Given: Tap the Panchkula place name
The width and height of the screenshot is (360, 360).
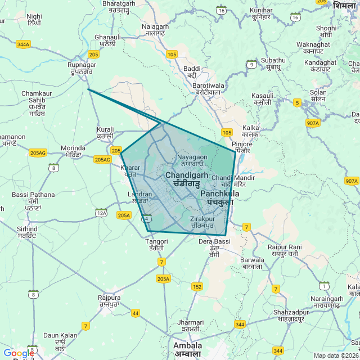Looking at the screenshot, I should (x=219, y=197).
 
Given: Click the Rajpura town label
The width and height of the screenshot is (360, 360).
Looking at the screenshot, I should (x=109, y=300).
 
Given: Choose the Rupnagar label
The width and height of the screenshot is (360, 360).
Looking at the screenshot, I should (x=82, y=68).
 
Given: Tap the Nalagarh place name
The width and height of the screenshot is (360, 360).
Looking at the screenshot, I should (x=155, y=30).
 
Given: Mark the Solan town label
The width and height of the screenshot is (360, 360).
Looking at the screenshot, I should (x=318, y=95).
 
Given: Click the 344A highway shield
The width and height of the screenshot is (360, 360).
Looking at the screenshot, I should (x=23, y=44).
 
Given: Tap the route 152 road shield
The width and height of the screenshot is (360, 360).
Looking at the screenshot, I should (x=197, y=287).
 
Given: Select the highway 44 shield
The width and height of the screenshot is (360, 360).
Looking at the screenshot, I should (x=136, y=313).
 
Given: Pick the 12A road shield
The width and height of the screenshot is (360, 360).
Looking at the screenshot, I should (x=101, y=213).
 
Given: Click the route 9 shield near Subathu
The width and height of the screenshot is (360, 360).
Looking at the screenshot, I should (x=251, y=64).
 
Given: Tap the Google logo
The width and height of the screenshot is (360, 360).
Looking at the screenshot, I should (x=19, y=353).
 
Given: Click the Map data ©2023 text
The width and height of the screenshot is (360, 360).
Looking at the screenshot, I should (x=336, y=355).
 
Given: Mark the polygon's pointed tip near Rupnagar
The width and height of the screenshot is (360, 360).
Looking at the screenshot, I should (x=88, y=89).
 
